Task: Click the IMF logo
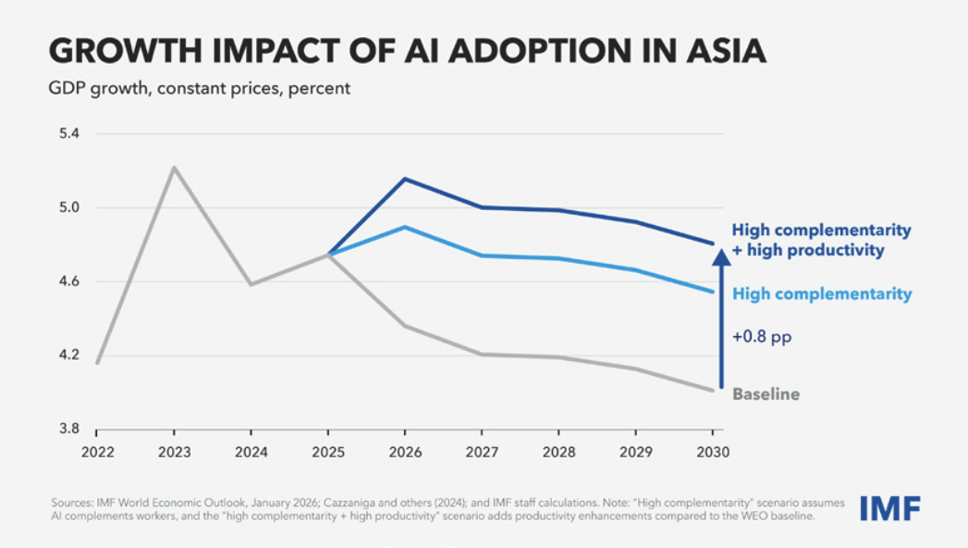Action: (889, 507)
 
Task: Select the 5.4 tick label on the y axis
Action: (69, 133)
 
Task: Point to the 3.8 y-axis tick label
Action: (69, 430)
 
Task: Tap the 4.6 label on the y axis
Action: (69, 281)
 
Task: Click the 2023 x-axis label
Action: (174, 453)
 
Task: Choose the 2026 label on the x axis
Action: (404, 453)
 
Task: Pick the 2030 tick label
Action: (712, 453)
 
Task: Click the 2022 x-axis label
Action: (97, 453)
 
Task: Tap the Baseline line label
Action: (766, 394)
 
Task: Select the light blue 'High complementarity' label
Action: (822, 294)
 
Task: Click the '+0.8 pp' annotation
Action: (762, 338)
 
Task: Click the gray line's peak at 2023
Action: (174, 168)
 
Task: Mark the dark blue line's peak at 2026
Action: (404, 179)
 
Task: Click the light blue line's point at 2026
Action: (404, 227)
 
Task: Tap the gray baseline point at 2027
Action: (481, 354)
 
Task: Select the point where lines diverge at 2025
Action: (327, 254)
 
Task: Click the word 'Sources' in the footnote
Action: (71, 503)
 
